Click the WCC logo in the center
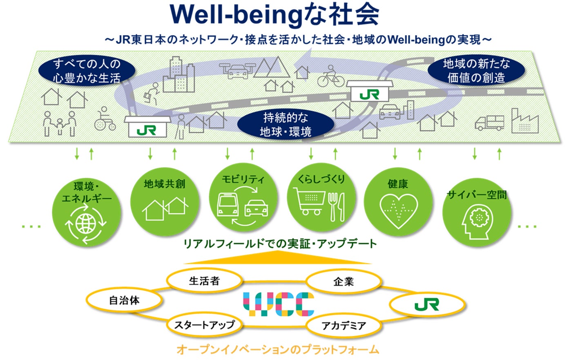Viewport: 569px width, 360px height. [279, 304]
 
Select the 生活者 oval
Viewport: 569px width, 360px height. [204, 281]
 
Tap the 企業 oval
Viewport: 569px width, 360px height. [343, 282]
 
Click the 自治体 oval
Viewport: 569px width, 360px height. [125, 301]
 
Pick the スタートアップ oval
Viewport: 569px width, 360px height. [204, 325]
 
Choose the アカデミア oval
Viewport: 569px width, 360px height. [344, 326]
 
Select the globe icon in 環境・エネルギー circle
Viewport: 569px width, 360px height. [86, 223]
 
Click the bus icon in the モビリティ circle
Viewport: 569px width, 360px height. [228, 205]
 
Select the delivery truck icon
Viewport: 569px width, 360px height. [489, 122]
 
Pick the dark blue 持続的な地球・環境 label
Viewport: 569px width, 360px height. [286, 125]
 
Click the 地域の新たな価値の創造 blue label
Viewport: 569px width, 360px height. [476, 70]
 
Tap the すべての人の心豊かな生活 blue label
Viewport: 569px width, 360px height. [86, 70]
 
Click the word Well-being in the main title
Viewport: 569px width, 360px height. [237, 16]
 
